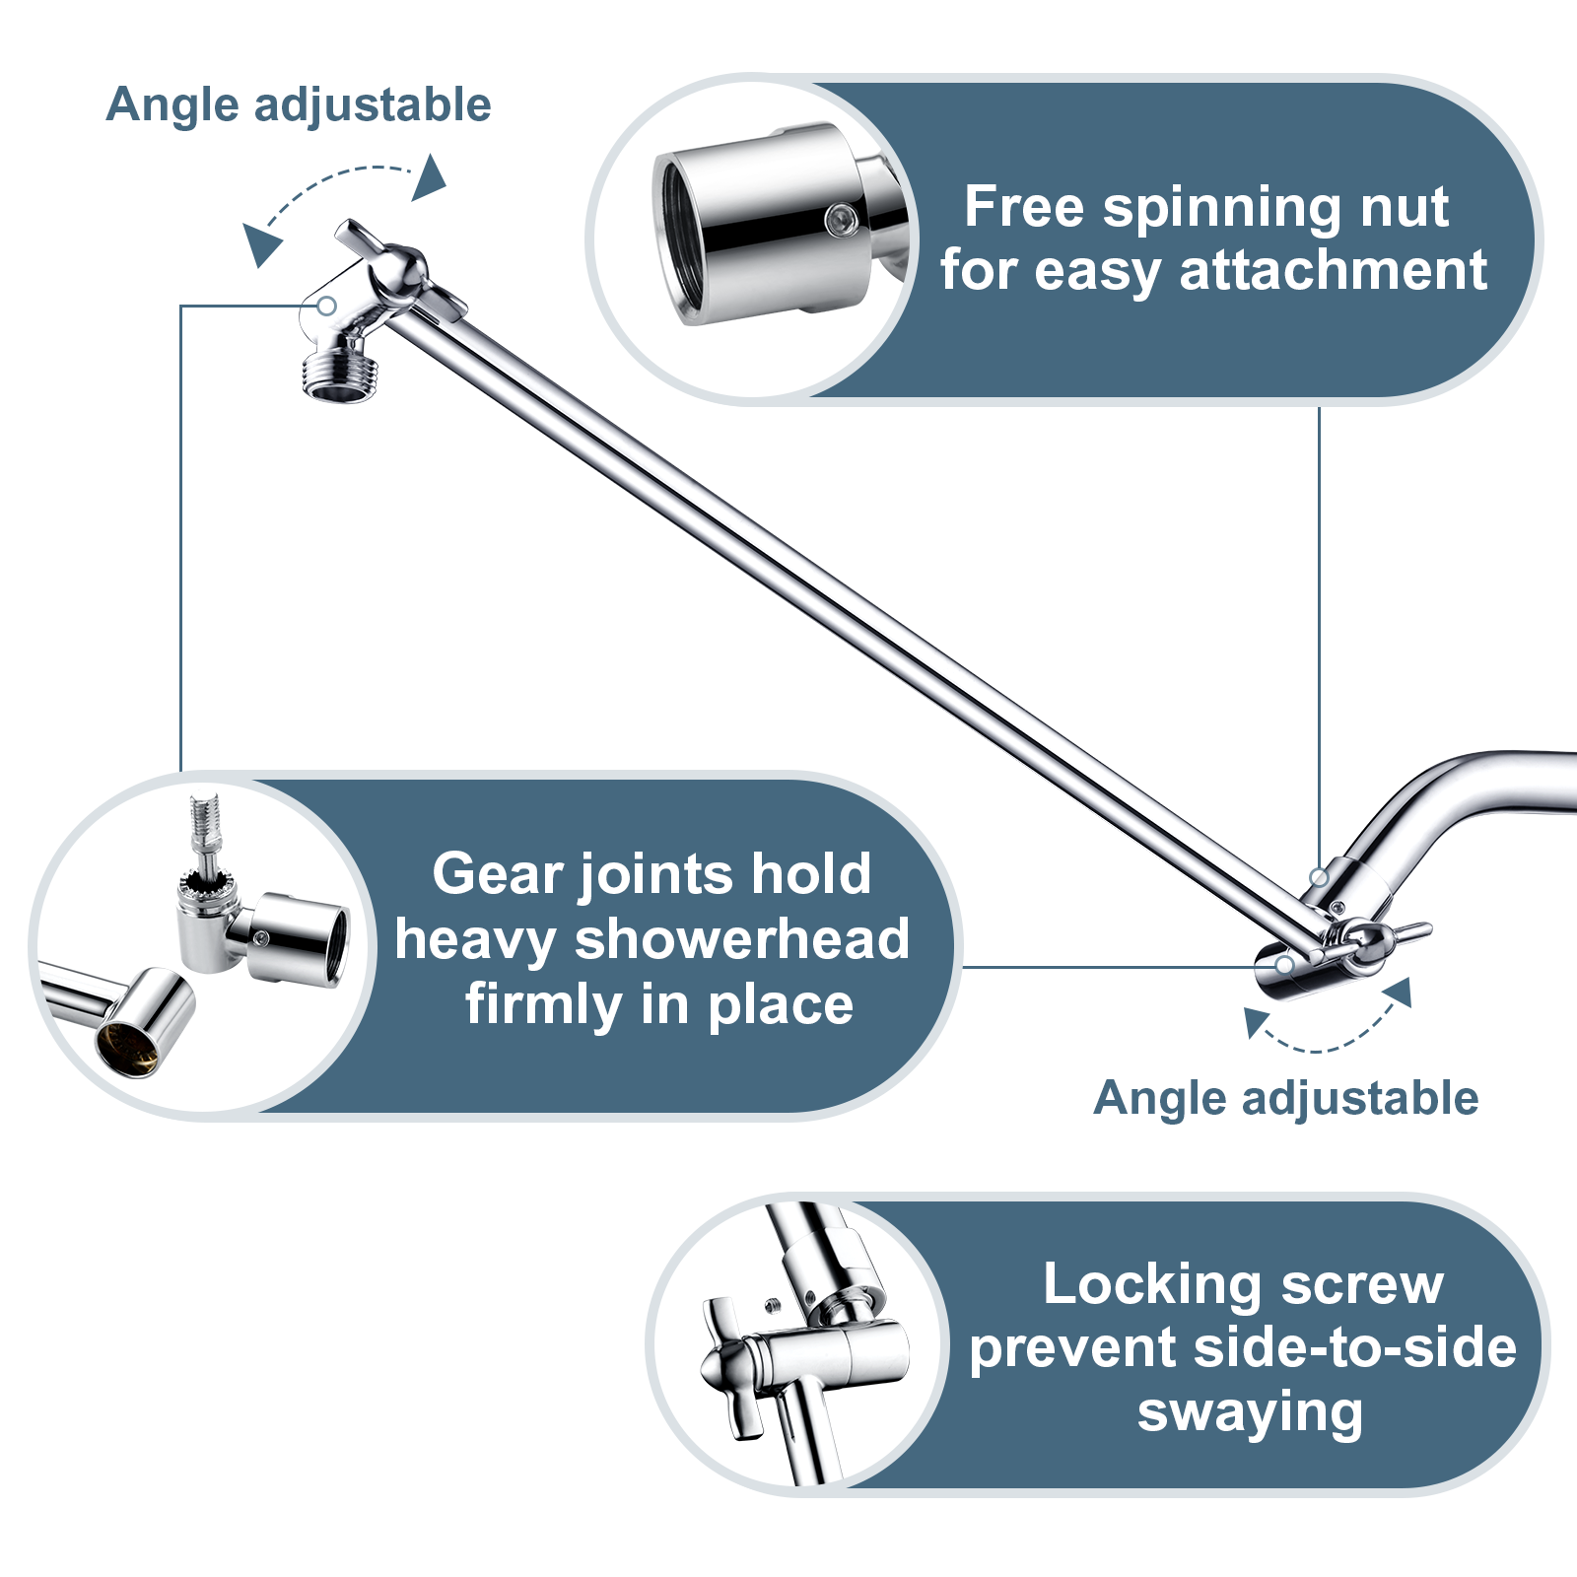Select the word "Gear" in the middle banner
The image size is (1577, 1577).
click(499, 874)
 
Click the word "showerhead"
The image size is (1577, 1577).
click(741, 939)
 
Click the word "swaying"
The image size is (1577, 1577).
click(1250, 1412)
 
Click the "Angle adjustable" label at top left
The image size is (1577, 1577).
click(298, 104)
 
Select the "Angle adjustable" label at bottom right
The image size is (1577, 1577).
click(1285, 1098)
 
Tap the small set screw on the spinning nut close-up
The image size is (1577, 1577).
click(841, 220)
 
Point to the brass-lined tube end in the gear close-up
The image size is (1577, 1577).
click(128, 1047)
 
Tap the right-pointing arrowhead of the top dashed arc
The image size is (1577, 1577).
click(431, 178)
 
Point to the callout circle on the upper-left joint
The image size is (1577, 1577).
click(327, 306)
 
